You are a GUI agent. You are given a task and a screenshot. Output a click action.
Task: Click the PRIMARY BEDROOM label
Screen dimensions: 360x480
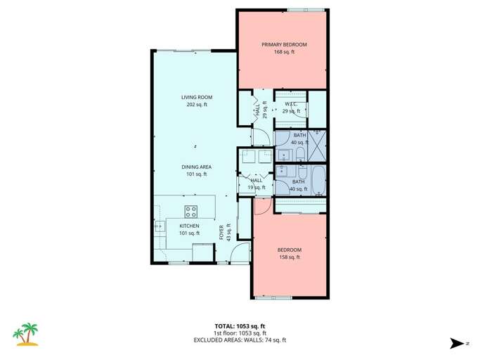tap(284, 44)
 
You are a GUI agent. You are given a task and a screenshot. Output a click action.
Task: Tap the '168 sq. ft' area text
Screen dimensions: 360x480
tap(284, 52)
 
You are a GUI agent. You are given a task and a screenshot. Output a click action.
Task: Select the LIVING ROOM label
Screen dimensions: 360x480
tap(197, 97)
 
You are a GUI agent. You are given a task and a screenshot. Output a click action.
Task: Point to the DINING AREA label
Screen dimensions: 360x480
tap(197, 167)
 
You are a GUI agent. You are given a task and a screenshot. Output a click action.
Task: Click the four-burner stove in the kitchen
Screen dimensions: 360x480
tap(190, 210)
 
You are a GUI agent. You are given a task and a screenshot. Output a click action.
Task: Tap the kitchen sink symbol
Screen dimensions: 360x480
tap(160, 226)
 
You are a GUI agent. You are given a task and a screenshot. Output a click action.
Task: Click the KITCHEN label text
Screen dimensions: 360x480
tap(189, 226)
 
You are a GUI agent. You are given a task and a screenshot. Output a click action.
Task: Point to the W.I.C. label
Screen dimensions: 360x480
tap(292, 104)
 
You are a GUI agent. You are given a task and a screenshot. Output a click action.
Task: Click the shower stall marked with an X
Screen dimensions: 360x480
tap(318, 145)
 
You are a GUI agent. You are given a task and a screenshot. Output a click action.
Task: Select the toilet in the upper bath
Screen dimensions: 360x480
tap(301, 154)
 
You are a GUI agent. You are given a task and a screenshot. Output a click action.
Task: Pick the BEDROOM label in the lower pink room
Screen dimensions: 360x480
tap(289, 250)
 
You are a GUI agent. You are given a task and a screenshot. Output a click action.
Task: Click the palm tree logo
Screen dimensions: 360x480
tap(27, 335)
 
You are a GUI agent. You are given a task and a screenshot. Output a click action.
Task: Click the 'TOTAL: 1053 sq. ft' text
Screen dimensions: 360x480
tap(240, 326)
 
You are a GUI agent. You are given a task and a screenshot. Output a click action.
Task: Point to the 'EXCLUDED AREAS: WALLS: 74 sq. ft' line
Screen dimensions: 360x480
tap(240, 340)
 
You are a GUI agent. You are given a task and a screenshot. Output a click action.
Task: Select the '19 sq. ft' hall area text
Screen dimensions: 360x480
tap(257, 188)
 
